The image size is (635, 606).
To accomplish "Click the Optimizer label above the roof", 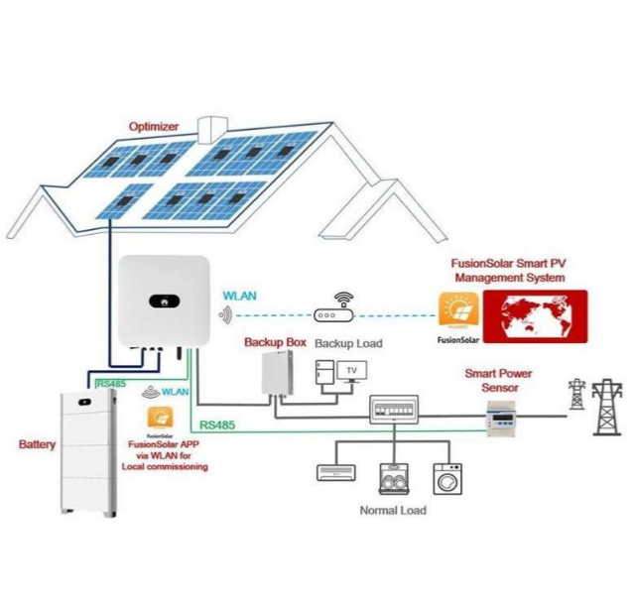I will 155,126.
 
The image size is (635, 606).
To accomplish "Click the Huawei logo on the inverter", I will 159,300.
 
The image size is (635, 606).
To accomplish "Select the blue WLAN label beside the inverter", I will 240,296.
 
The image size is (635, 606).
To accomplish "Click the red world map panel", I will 535,316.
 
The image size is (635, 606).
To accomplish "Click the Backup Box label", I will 275,342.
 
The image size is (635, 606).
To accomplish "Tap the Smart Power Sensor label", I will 499,381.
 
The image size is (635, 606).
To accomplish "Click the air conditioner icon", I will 334,471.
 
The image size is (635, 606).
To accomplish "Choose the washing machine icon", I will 446,478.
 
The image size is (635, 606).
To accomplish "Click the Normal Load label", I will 393,510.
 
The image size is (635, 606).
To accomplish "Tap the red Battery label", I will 38,445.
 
